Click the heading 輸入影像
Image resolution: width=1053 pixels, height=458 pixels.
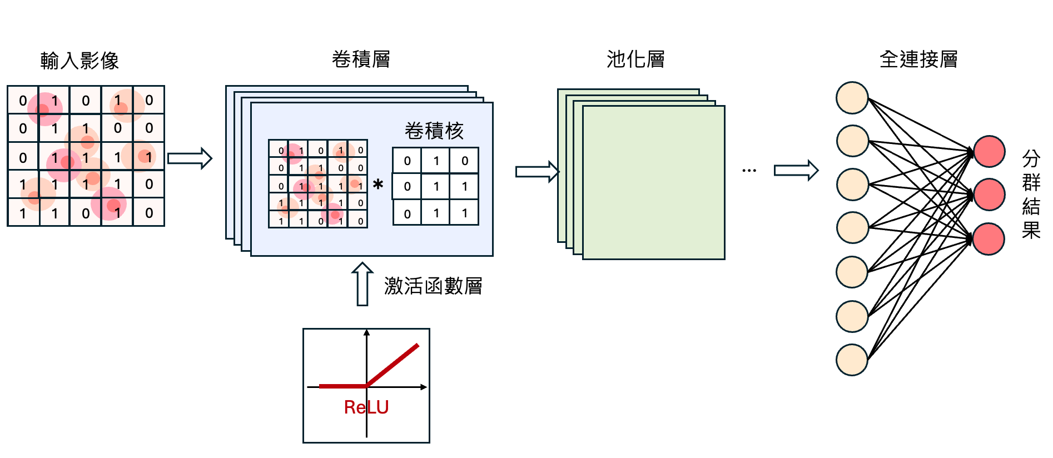click(x=80, y=61)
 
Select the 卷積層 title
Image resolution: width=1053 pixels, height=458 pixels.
click(x=361, y=59)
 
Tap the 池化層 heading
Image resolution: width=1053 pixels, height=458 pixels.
click(x=635, y=59)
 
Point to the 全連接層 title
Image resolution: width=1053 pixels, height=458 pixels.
click(x=918, y=59)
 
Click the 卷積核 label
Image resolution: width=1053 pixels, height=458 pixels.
click(x=434, y=131)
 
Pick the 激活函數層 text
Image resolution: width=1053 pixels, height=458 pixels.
click(x=433, y=286)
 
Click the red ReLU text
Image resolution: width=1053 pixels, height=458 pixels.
click(x=366, y=407)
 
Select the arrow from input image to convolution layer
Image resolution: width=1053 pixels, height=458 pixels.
click(x=190, y=158)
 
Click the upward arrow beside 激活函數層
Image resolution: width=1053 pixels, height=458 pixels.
click(x=362, y=283)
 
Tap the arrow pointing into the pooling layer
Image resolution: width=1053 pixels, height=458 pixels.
click(x=537, y=172)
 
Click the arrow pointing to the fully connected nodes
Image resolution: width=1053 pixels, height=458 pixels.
click(x=796, y=170)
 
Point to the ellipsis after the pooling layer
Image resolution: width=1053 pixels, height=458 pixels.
click(x=749, y=171)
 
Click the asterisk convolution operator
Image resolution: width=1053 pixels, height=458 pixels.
click(x=378, y=184)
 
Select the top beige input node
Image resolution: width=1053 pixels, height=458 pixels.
click(x=852, y=98)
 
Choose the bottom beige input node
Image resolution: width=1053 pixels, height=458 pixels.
click(x=852, y=360)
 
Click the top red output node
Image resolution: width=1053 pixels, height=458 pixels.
click(x=989, y=151)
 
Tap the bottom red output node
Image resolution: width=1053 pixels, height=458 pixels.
click(x=989, y=239)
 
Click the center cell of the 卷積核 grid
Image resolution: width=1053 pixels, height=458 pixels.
click(x=435, y=186)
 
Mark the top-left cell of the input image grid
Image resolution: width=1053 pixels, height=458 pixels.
click(x=23, y=101)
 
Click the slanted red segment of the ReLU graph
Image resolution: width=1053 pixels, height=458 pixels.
click(x=393, y=365)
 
